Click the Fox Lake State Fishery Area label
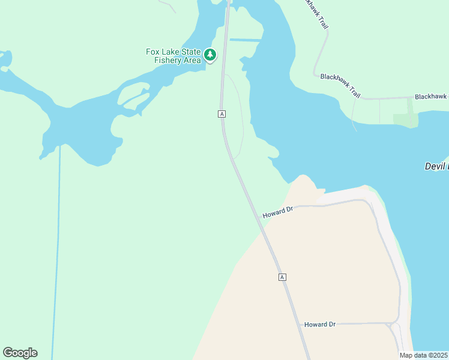point(173,56)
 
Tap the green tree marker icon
point(209,56)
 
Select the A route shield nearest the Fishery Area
point(222,113)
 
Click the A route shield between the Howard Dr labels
point(282,277)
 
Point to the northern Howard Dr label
point(277,212)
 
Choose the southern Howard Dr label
point(319,324)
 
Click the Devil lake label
point(436,166)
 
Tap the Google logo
point(20,353)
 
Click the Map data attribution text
point(423,355)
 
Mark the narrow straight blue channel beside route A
point(246,40)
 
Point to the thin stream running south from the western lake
point(57,252)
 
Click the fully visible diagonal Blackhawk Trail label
point(341,85)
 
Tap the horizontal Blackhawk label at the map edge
point(431,97)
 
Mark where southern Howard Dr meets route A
point(302,325)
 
